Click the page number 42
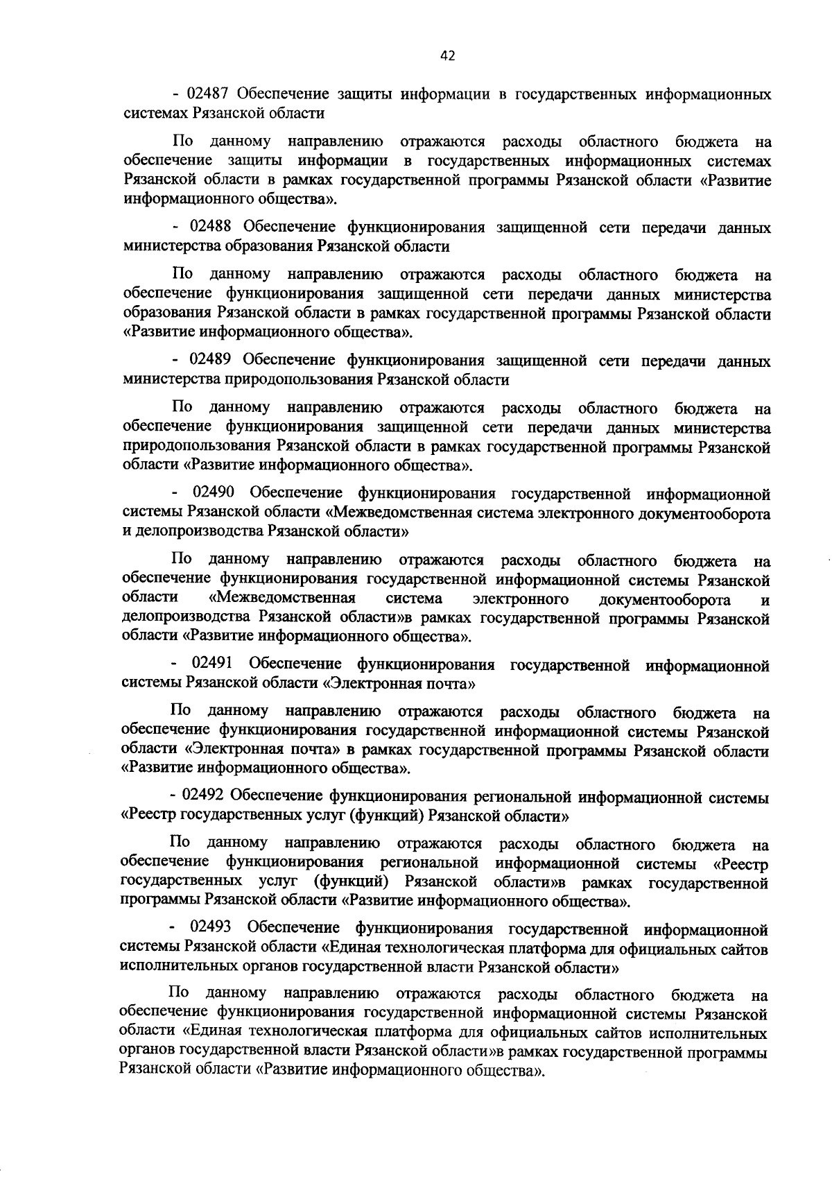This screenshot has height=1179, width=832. pos(447,57)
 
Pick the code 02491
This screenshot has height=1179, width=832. pos(214,665)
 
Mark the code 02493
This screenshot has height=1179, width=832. pos(211,929)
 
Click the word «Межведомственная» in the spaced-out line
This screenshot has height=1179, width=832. pos(282,599)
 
